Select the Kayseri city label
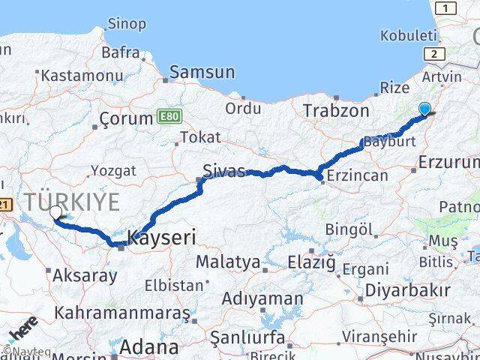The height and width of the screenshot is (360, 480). pos(162,238)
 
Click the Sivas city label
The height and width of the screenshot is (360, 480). pos(224,171)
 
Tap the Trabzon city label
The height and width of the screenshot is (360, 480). pos(336,111)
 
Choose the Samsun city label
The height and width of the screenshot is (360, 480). pos(202,73)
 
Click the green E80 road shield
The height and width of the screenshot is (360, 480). pos(169,117)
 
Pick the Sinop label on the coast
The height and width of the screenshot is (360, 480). pos(127,24)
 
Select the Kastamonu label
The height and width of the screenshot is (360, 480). pos(82,76)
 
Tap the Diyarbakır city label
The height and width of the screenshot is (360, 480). pos(408,291)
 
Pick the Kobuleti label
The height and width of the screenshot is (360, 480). pos(408,35)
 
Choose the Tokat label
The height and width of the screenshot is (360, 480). pos(200,137)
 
